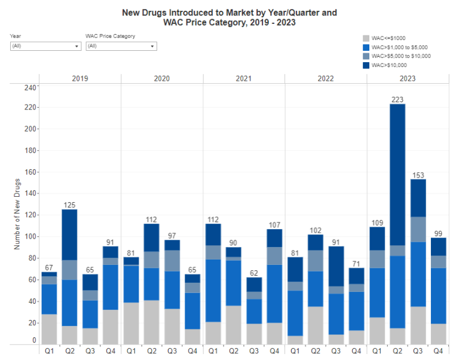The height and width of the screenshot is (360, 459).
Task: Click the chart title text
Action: click(x=229, y=17)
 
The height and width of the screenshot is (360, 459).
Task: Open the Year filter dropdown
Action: click(x=45, y=46)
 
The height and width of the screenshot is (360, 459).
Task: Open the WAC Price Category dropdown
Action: click(x=121, y=46)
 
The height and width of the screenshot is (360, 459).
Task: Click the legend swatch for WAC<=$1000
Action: click(x=366, y=38)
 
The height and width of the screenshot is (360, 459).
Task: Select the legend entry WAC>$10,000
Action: click(x=389, y=65)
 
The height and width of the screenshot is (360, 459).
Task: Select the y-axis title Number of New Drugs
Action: click(x=17, y=213)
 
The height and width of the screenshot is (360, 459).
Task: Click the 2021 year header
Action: click(x=243, y=79)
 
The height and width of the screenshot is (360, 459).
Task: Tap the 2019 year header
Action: click(x=80, y=79)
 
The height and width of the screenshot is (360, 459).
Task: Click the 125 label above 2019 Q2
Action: click(x=70, y=205)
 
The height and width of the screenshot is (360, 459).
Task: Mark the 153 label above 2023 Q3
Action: click(x=418, y=175)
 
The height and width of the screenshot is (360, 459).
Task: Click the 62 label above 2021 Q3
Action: click(x=255, y=273)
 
